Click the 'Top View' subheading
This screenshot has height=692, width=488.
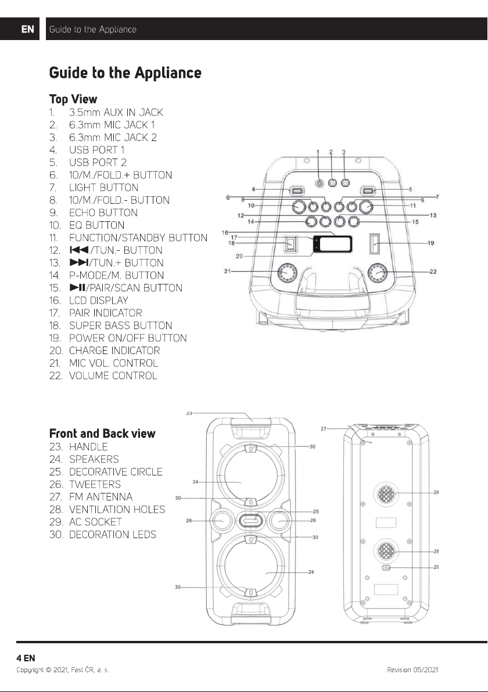(x=73, y=99)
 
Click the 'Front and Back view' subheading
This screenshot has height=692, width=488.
(x=102, y=434)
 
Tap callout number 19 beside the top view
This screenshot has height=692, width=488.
(x=430, y=243)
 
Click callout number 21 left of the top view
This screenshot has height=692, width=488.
(x=227, y=271)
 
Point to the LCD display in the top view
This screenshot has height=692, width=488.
(x=332, y=244)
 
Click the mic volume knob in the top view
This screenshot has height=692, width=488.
(x=288, y=273)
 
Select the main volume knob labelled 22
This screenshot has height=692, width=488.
(x=378, y=272)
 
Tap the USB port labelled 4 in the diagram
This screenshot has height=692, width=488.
(x=296, y=191)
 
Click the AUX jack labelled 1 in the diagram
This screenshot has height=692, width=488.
(x=320, y=183)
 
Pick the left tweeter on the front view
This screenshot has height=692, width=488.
(x=220, y=521)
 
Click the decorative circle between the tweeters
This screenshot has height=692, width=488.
(x=250, y=521)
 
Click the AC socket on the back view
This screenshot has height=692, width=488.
(x=386, y=567)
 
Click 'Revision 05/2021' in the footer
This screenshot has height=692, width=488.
(x=412, y=669)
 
